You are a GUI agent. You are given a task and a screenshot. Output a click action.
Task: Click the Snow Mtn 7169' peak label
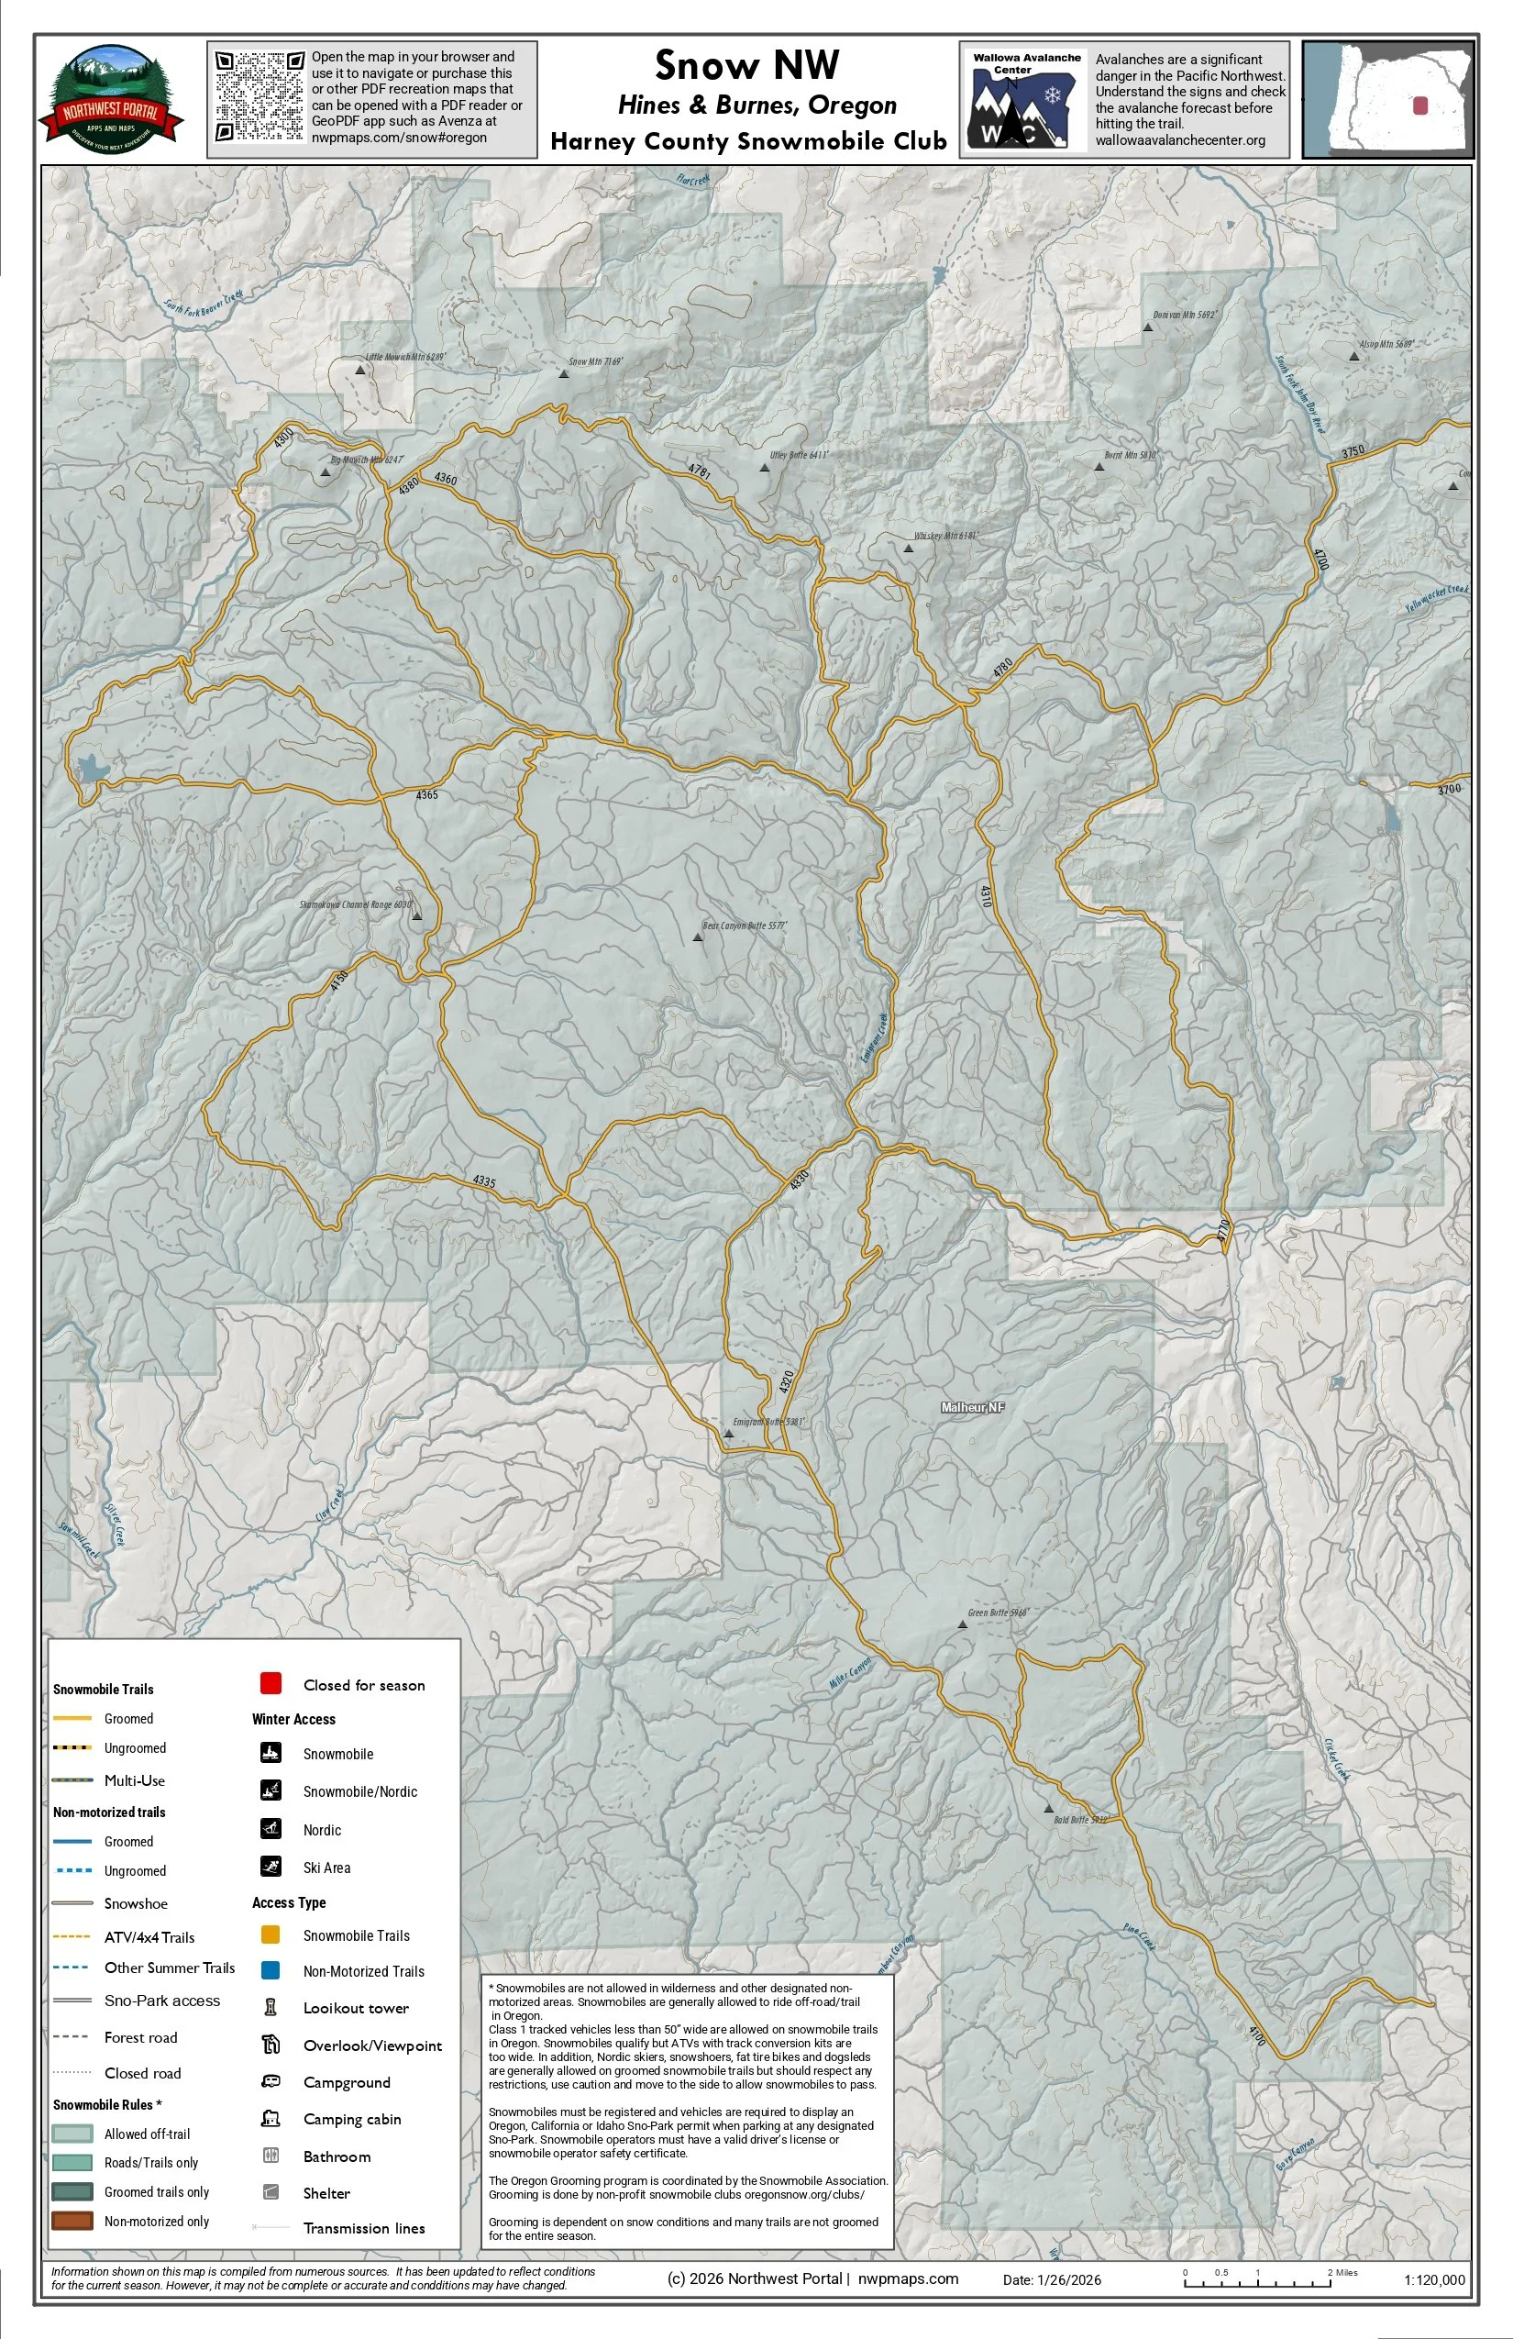click(595, 361)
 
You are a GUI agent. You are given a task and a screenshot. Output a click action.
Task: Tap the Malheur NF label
click(973, 1407)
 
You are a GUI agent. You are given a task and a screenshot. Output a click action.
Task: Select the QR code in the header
click(260, 96)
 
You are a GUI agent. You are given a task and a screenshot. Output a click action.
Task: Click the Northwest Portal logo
click(110, 99)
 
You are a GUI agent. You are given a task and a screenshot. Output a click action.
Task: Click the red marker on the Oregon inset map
click(1419, 105)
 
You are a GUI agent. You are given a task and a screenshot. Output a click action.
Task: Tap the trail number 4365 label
click(426, 795)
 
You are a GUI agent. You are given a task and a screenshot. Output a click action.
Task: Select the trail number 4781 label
click(700, 471)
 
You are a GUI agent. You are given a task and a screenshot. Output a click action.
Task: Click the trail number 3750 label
click(1353, 452)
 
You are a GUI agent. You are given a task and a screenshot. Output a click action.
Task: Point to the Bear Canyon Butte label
click(745, 926)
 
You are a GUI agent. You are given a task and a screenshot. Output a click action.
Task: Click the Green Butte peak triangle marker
click(962, 1624)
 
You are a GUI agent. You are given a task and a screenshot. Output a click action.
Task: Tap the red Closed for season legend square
click(271, 1683)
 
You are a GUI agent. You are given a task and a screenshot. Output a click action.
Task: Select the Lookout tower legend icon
click(271, 2007)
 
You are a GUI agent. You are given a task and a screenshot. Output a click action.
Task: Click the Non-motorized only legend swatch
click(72, 2220)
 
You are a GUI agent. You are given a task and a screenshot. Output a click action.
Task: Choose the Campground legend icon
click(271, 2081)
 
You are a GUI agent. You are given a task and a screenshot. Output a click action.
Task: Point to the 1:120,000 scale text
click(1434, 2280)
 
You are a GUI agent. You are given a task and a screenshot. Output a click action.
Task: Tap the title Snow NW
click(746, 66)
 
